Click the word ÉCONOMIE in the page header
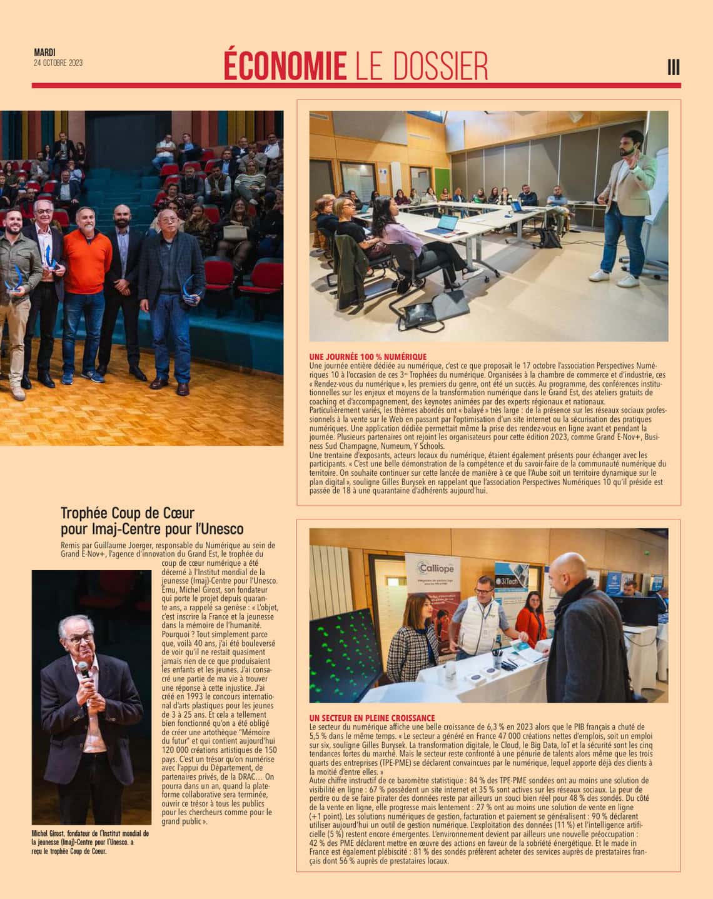[285, 65]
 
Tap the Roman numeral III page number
[674, 67]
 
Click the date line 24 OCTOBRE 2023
[58, 63]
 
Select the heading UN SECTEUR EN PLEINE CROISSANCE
[372, 718]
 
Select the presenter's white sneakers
[610, 274]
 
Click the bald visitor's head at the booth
[570, 569]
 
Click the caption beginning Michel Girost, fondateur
[90, 841]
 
